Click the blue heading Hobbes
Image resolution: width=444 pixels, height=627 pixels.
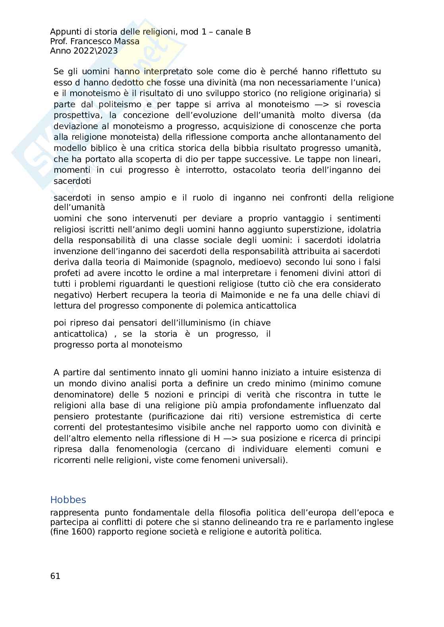click(68, 500)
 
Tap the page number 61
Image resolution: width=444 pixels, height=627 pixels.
click(55, 576)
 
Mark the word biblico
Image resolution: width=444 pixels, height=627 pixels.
click(100, 148)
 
